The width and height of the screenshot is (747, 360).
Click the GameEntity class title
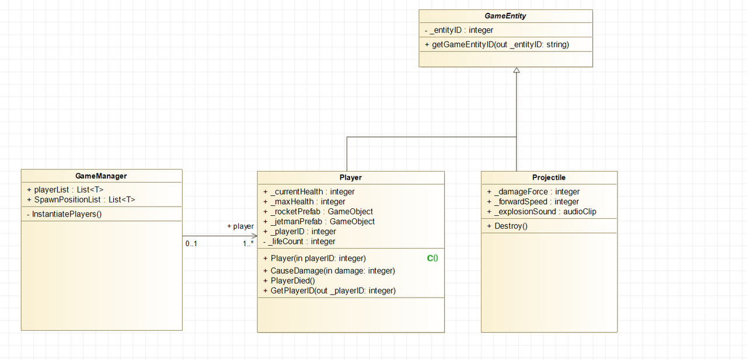tap(505, 16)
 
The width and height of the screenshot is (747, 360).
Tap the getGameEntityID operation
tap(497, 45)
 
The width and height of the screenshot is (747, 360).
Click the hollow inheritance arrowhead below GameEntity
tap(516, 70)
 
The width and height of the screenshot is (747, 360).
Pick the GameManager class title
tap(101, 176)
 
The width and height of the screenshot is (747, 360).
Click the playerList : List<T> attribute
tap(65, 190)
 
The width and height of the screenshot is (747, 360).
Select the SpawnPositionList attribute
tap(81, 200)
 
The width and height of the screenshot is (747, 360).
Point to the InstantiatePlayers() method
tap(64, 214)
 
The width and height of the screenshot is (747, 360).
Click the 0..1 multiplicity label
tap(191, 244)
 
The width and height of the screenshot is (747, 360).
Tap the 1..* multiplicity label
tap(248, 244)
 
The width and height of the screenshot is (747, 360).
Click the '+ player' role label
tap(240, 226)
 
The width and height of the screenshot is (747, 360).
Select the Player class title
tap(351, 178)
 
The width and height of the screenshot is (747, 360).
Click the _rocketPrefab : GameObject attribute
tap(318, 212)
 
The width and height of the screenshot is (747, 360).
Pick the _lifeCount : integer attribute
tap(299, 242)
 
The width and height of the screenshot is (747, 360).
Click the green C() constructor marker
tap(432, 258)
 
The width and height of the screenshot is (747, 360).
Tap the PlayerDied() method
tap(289, 281)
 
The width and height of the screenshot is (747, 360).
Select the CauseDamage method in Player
tap(329, 271)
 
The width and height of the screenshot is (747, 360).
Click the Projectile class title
tap(549, 178)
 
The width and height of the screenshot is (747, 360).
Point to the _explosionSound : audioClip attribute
tap(542, 212)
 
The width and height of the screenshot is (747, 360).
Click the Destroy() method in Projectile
tap(507, 226)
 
